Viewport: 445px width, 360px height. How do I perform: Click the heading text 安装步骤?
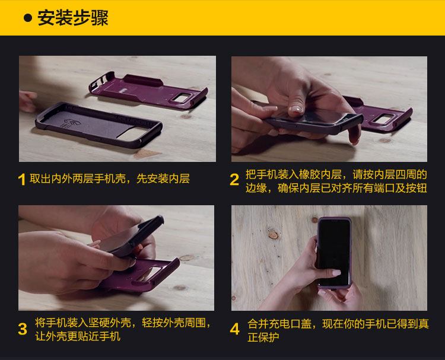point(73,18)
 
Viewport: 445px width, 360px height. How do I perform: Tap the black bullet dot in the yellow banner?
point(28,18)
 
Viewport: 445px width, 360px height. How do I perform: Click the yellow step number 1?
point(21,180)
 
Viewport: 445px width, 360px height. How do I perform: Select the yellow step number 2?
point(234,180)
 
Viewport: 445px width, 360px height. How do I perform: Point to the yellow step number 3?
point(23,329)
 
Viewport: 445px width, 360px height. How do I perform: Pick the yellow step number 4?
point(235,329)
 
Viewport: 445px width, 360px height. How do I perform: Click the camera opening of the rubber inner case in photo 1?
point(135,134)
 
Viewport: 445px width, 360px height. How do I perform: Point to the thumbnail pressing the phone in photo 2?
point(295,110)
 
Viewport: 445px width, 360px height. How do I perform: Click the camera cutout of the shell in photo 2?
point(383,119)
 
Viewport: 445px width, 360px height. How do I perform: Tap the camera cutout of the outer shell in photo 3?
point(148,274)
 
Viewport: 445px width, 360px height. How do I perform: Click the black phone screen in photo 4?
point(334,253)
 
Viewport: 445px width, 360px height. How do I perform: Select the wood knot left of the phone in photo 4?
point(274,235)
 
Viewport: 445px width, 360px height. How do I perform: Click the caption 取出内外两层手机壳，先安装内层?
point(110,179)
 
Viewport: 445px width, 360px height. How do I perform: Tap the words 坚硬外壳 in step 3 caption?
point(110,323)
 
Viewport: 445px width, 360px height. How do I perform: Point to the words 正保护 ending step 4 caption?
point(263,337)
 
